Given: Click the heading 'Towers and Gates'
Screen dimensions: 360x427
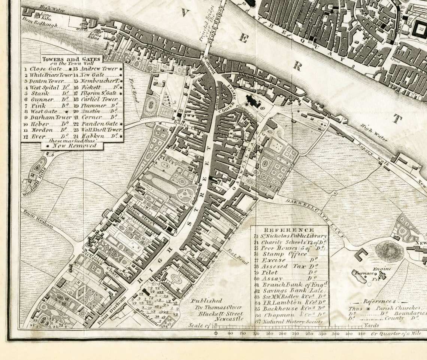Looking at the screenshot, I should coord(71,59).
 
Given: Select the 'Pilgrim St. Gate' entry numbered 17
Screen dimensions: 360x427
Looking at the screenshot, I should coord(98,93).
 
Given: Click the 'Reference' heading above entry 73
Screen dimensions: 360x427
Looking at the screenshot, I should coord(289,230).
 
